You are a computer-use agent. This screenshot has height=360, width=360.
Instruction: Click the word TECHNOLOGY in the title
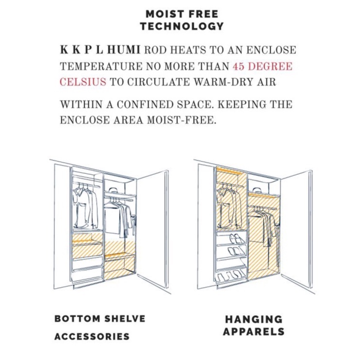[182, 26]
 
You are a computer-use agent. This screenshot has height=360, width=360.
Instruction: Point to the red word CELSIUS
[83, 82]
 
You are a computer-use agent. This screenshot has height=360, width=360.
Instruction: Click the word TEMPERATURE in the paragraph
[101, 66]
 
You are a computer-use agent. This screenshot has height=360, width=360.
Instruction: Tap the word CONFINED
[145, 104]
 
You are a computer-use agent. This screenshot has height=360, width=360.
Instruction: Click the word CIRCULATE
[159, 82]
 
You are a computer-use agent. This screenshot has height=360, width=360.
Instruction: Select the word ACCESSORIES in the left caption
[92, 336]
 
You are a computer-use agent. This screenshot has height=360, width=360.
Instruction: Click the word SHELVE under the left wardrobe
[125, 319]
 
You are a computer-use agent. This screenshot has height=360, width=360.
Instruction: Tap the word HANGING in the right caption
[254, 319]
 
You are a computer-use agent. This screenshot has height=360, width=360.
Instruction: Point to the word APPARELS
[254, 331]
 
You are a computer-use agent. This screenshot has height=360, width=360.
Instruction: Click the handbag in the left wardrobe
[113, 190]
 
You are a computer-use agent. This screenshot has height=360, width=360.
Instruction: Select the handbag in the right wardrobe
[257, 190]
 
